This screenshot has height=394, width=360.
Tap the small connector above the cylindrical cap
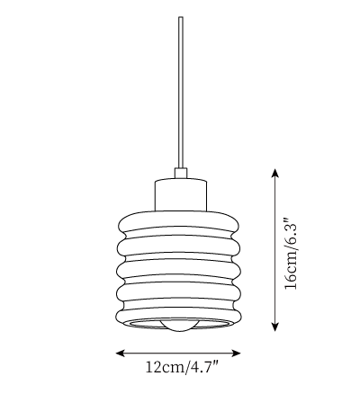[181, 173]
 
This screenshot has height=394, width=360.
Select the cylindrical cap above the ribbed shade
[181, 194]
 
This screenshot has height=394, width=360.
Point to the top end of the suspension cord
[181, 17]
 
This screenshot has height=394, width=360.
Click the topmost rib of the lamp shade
[179, 223]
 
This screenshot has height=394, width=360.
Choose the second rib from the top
[179, 246]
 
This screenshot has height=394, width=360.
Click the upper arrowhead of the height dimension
[274, 173]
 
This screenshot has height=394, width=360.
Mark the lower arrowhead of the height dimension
[274, 327]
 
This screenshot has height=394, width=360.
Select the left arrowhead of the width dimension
[121, 354]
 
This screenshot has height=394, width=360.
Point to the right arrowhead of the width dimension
[237, 354]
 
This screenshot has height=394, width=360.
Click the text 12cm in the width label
[166, 368]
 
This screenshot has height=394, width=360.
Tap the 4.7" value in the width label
[204, 368]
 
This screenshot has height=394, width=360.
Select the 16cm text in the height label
[291, 273]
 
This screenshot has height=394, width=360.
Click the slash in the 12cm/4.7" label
[187, 368]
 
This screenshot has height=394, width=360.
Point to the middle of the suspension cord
[181, 93]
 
